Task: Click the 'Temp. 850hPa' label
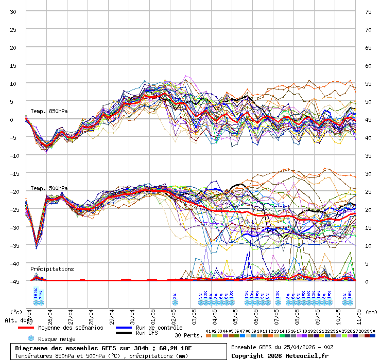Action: point(49,111)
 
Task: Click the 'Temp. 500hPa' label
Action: point(49,188)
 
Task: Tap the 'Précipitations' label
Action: point(52,269)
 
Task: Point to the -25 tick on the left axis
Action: point(13,209)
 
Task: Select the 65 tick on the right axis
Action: point(368,47)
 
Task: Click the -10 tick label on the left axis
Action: point(13,155)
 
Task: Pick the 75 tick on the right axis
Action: point(368,11)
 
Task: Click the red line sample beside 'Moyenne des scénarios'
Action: point(33,328)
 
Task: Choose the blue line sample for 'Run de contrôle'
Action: point(125,328)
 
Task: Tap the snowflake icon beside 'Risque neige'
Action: point(31,339)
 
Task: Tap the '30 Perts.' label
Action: point(188,335)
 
